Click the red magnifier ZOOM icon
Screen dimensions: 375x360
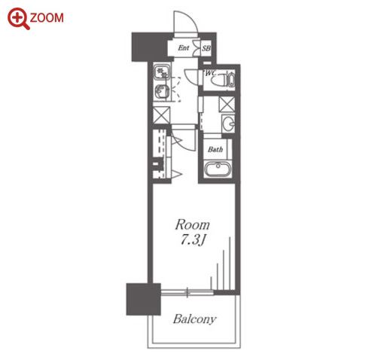pos(18,19)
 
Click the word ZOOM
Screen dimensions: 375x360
pos(47,18)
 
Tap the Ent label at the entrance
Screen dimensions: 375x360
pos(184,47)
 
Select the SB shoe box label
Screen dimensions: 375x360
pos(206,48)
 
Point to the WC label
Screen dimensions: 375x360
pos(211,73)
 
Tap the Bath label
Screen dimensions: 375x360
pos(215,149)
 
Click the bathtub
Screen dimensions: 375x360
pos(218,169)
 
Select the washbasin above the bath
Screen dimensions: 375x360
pos(229,124)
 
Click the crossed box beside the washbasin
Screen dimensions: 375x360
pos(227,104)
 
